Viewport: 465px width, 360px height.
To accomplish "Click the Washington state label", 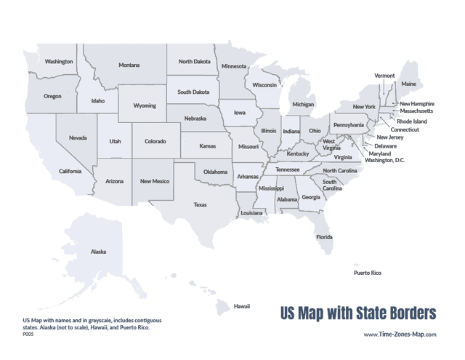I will tap(59, 62).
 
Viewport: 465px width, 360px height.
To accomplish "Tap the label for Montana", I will tap(129, 65).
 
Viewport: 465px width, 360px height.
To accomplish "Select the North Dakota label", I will tap(195, 62).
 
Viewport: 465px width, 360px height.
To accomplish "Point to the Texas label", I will tap(200, 205).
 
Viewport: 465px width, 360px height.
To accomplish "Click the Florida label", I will tap(324, 237).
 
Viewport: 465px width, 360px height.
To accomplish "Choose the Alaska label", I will tap(98, 252).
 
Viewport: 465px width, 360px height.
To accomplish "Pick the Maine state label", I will tap(409, 84).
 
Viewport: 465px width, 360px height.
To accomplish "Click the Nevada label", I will tap(78, 137).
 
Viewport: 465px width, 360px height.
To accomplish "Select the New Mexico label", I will tap(155, 181).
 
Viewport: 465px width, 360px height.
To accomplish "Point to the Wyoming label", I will tap(145, 105).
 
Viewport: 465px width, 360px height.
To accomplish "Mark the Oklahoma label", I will tap(215, 172).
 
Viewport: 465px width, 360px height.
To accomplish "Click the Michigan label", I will tap(303, 104).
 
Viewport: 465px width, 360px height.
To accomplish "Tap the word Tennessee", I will tap(288, 169).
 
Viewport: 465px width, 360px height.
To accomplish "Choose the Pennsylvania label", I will tap(349, 124).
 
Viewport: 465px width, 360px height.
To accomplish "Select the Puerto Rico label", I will tap(367, 273).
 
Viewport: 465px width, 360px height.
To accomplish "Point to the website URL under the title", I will tap(400, 335).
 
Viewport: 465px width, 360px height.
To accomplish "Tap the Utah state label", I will tap(115, 141).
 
